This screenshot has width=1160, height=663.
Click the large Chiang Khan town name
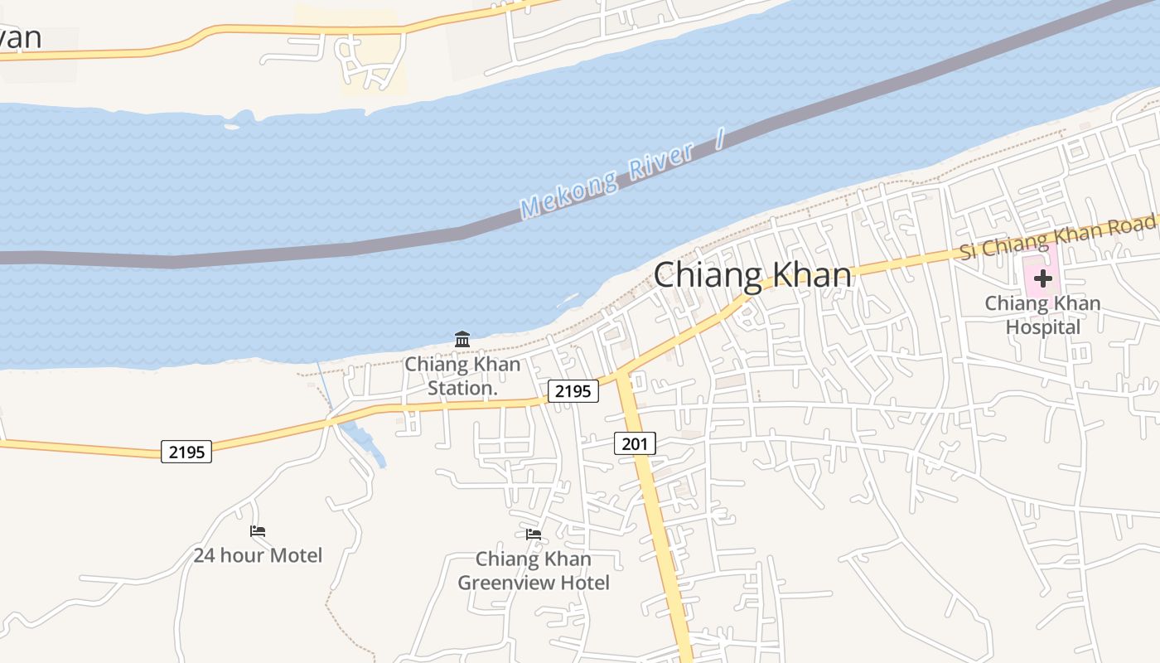[x=752, y=275]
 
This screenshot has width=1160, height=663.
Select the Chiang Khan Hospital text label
[x=1042, y=315]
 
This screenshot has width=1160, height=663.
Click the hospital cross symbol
[x=1043, y=278]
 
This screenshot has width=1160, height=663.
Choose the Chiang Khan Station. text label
[x=462, y=375]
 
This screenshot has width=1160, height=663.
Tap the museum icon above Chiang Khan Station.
[x=462, y=339]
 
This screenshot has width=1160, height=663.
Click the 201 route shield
[x=635, y=443]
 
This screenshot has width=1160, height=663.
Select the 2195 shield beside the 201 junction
[x=573, y=391]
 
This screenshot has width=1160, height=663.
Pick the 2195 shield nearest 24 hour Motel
[x=186, y=452]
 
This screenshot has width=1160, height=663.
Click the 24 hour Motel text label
[x=258, y=554]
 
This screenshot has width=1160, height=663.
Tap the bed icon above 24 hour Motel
[x=258, y=530]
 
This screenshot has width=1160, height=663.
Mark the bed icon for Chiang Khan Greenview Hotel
[x=534, y=535]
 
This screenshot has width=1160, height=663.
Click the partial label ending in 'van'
[x=21, y=37]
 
